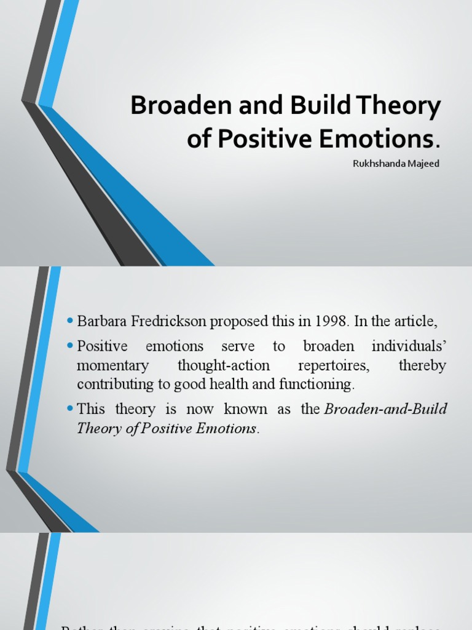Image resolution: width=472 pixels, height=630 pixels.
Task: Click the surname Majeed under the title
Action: pos(423,164)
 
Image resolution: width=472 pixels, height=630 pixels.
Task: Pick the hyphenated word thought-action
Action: pos(224,365)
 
